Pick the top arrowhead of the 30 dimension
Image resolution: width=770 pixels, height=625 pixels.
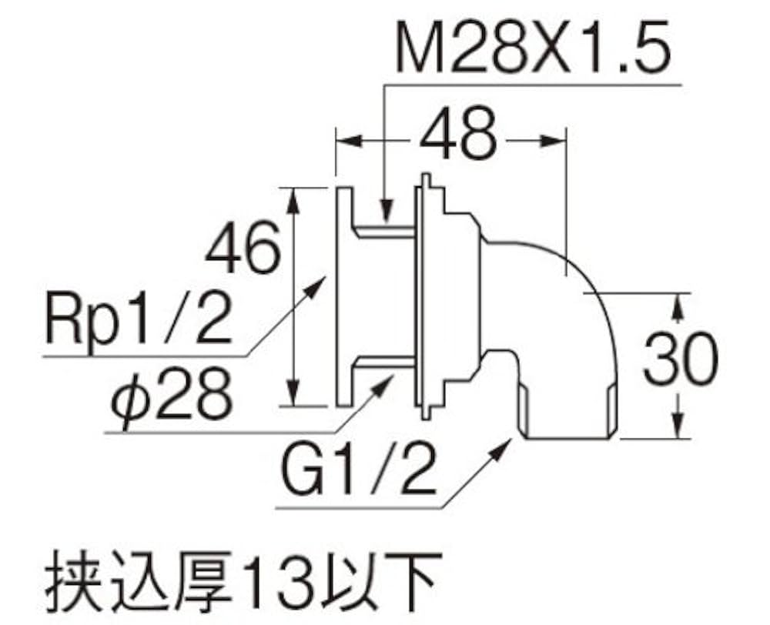(678, 302)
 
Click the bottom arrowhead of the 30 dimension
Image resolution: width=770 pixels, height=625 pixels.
(678, 429)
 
